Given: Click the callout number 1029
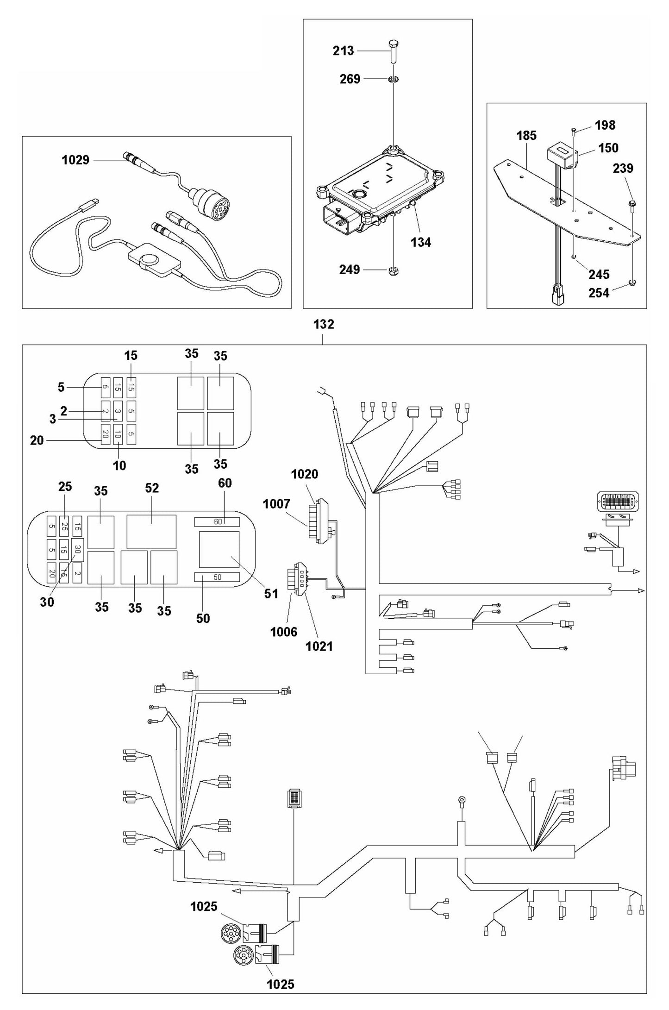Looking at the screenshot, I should pyautogui.click(x=75, y=160).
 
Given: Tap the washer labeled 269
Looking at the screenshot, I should pyautogui.click(x=394, y=80).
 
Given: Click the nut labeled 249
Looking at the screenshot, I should pyautogui.click(x=394, y=270).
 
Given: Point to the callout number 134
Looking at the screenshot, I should pyautogui.click(x=420, y=242).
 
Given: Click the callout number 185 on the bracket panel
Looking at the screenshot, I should pyautogui.click(x=526, y=135).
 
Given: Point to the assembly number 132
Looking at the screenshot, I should pyautogui.click(x=323, y=324).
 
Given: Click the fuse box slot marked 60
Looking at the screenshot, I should pyautogui.click(x=217, y=522).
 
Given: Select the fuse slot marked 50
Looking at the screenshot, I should pyautogui.click(x=217, y=577).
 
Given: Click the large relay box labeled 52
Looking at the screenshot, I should pyautogui.click(x=151, y=532).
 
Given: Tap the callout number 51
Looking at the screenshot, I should pyautogui.click(x=271, y=594).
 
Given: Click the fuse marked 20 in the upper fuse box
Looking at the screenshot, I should pyautogui.click(x=105, y=434).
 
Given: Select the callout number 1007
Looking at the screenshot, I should pyautogui.click(x=276, y=504).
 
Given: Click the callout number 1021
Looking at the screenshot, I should pyautogui.click(x=319, y=646).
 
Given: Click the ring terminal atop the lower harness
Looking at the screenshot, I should pyautogui.click(x=462, y=799).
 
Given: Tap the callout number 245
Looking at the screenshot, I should pyautogui.click(x=599, y=274).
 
